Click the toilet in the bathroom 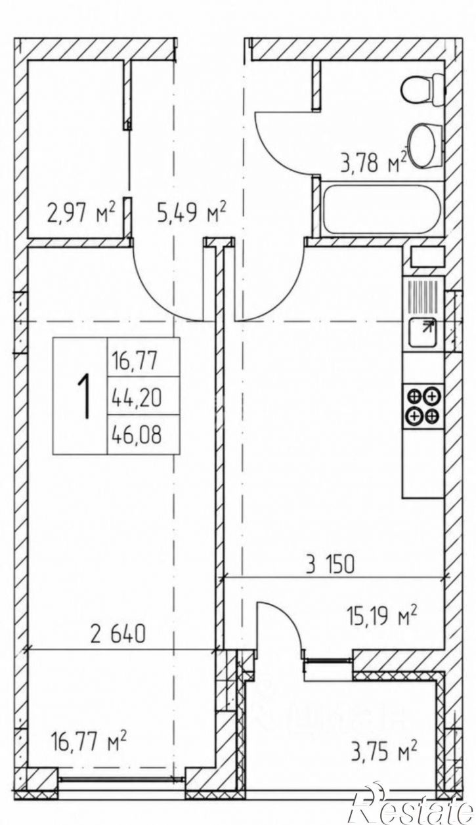[423, 89]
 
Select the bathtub [382, 209]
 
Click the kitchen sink [423, 331]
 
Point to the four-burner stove [423, 406]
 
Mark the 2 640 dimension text [118, 633]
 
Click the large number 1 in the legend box [83, 396]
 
